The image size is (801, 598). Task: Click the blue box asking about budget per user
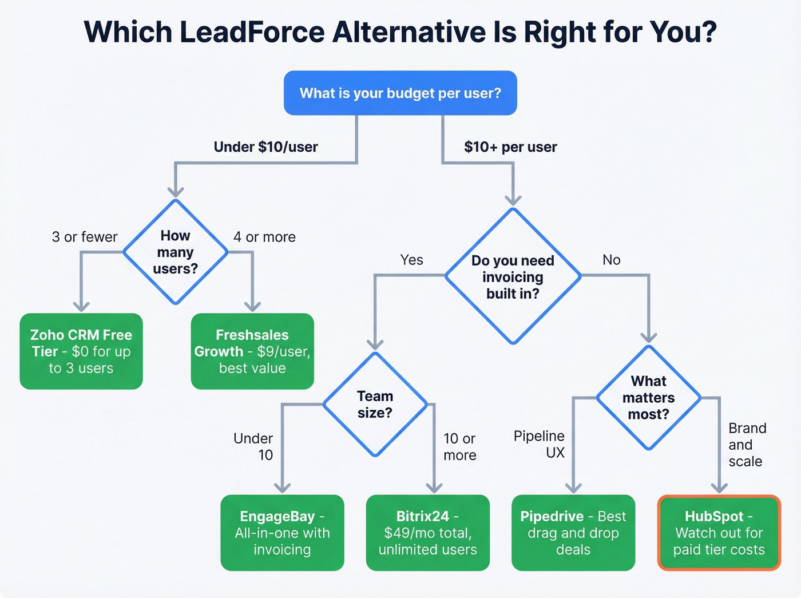(x=400, y=93)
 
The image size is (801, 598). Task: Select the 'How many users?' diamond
(x=175, y=252)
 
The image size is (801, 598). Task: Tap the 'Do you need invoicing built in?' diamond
(x=513, y=276)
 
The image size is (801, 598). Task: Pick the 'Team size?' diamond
(x=375, y=404)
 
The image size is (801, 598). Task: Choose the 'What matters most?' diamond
(x=648, y=398)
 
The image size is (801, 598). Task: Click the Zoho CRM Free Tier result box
(x=81, y=351)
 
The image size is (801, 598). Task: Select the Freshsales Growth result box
(x=252, y=351)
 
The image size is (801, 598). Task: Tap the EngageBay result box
(x=282, y=533)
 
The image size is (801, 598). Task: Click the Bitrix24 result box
(x=427, y=533)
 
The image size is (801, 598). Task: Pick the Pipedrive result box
(x=573, y=533)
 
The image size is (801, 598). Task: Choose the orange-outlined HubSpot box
(x=719, y=533)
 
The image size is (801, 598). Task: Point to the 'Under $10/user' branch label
(x=265, y=147)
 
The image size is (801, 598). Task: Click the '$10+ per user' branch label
(x=510, y=147)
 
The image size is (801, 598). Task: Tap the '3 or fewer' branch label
(x=85, y=237)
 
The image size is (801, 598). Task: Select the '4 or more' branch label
(x=264, y=237)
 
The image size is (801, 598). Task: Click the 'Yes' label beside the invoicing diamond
(x=411, y=260)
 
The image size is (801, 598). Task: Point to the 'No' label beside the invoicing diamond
(x=611, y=260)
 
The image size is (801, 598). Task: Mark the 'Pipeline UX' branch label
(x=540, y=444)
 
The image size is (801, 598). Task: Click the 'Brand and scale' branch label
(x=747, y=445)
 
